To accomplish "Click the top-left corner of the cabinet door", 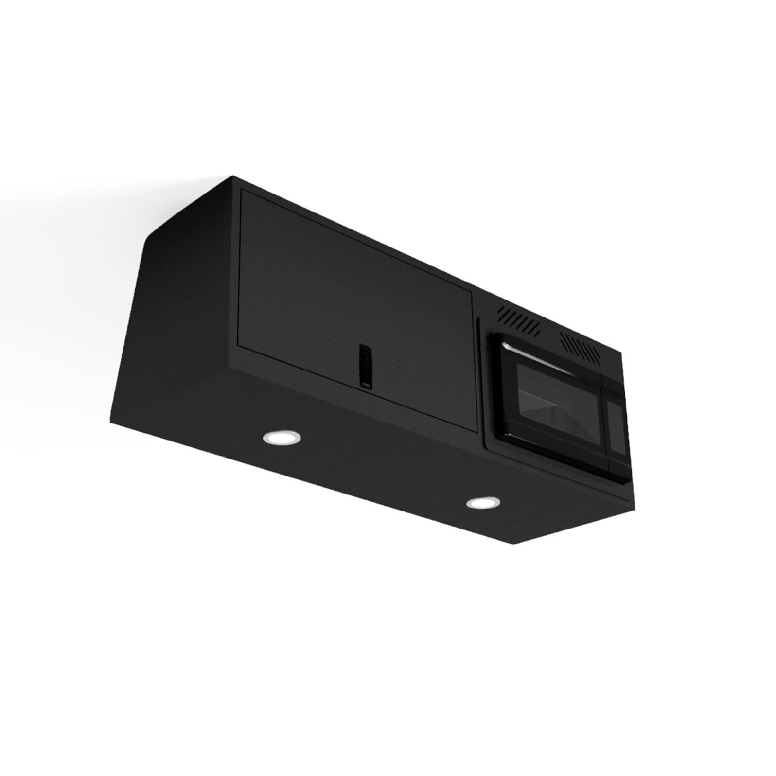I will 243,191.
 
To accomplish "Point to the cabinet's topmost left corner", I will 232,176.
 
